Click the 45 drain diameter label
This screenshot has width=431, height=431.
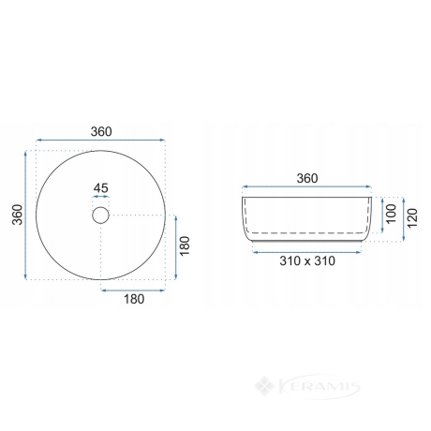click(101, 188)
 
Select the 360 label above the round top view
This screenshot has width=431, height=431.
click(101, 132)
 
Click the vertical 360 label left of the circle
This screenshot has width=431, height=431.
click(18, 215)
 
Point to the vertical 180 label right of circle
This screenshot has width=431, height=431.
click(185, 245)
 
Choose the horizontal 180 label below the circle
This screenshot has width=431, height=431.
click(134, 299)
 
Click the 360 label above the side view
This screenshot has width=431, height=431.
click(307, 178)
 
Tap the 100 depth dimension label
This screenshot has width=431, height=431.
click(391, 214)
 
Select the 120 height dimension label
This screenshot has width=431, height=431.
click(412, 218)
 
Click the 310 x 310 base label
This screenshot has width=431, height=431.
click(307, 260)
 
